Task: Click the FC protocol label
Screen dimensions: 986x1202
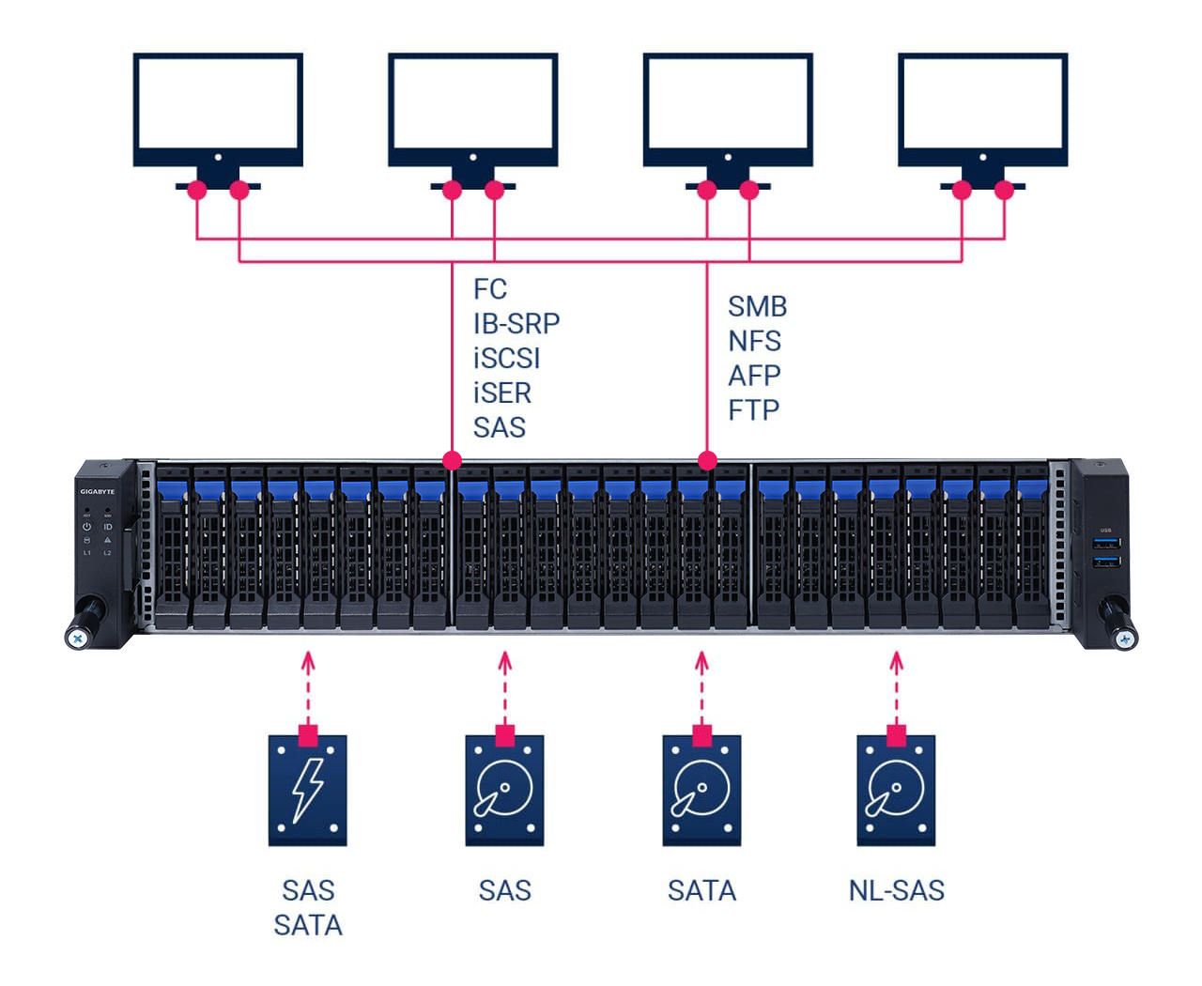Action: coord(490,289)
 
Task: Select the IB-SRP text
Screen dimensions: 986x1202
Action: coord(516,324)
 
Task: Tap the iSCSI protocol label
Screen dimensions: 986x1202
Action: coord(506,359)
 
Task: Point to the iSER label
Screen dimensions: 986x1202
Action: coord(501,393)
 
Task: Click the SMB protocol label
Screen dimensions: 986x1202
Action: coord(757,307)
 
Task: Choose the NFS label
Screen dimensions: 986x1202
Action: coord(754,341)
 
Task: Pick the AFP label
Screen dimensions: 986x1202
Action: coord(754,376)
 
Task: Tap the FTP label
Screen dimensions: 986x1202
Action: coord(753,410)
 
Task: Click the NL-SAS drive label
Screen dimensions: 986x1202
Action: coord(896,890)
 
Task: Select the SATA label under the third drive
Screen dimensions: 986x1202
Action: coord(701,890)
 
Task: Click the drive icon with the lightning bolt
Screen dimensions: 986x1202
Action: coord(308,791)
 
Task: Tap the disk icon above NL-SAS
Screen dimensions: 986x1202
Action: coord(896,791)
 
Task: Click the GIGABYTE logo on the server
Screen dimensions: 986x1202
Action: coord(97,492)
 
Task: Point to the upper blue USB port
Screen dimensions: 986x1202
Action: coord(1105,543)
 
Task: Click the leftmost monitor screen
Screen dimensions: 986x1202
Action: coord(218,103)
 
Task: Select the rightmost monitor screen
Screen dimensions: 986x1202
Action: coord(982,103)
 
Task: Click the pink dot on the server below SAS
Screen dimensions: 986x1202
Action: coord(452,460)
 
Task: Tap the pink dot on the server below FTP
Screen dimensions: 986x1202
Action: coord(707,460)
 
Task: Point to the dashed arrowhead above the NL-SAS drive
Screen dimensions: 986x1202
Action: coord(896,661)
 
